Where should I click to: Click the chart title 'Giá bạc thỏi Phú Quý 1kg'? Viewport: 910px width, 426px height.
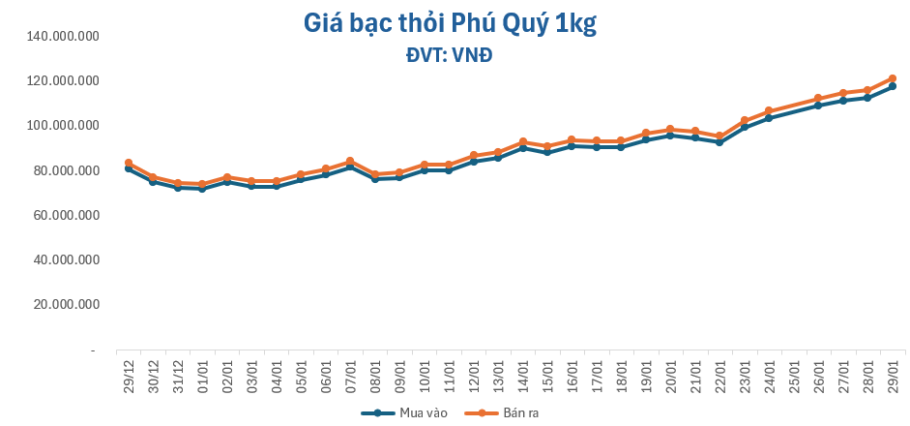(x=450, y=22)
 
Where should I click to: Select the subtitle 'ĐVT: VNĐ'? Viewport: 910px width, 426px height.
(x=450, y=55)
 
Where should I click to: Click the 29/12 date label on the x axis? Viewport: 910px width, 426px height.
(x=129, y=372)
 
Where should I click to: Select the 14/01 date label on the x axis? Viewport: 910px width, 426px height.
(x=523, y=372)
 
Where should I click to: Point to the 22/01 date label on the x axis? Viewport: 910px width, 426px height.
(x=720, y=372)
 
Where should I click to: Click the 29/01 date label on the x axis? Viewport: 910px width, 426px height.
(x=893, y=372)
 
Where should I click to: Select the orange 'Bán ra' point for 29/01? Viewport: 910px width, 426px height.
(x=893, y=78)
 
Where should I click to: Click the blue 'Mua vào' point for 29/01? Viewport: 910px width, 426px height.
(x=893, y=86)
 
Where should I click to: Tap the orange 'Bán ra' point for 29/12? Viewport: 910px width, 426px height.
(x=129, y=163)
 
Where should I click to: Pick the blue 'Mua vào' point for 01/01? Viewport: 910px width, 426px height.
(x=202, y=189)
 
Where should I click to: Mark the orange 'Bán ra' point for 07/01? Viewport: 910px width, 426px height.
(x=350, y=161)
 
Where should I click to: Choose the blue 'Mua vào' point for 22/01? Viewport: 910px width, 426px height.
(x=720, y=142)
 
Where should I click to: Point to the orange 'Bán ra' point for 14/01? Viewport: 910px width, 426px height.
(x=523, y=141)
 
